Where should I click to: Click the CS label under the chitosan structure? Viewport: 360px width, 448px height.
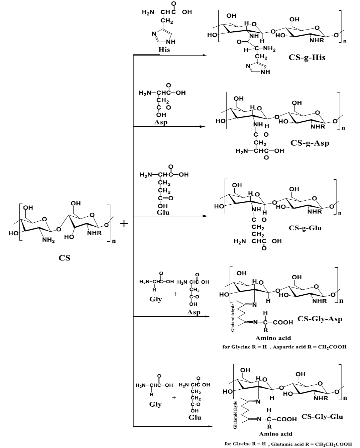[64, 258]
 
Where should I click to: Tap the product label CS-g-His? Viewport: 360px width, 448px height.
[307, 57]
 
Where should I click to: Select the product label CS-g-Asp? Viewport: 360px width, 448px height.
[310, 143]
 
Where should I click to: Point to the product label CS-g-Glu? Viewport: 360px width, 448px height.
[305, 227]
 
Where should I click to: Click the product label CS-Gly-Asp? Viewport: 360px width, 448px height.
[320, 318]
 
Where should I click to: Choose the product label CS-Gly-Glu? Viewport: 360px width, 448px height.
[322, 416]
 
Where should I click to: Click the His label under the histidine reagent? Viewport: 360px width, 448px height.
[164, 49]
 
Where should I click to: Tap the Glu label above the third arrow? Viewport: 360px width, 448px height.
[164, 212]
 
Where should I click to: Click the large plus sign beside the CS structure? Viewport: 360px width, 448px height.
[124, 224]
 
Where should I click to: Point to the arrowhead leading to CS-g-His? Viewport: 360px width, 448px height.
[204, 55]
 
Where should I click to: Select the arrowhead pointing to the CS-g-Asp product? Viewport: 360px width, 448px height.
[204, 126]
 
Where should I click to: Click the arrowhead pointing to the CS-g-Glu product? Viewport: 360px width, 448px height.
[204, 216]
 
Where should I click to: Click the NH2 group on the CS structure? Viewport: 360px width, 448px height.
[48, 240]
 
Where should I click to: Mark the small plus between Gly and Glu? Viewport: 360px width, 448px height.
[174, 397]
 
